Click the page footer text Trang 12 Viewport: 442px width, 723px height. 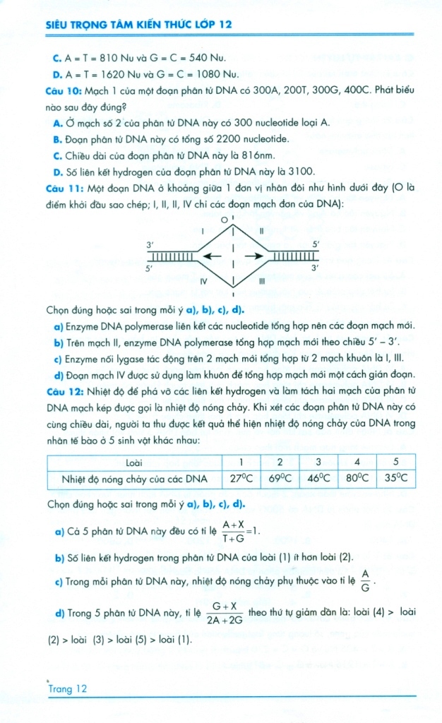[x=68, y=689]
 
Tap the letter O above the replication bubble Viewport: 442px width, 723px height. [x=225, y=221]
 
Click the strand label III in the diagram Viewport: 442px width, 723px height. [x=261, y=281]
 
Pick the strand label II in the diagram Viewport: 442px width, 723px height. [x=261, y=231]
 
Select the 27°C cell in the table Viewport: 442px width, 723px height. [x=237, y=478]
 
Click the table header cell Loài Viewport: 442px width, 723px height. [x=134, y=462]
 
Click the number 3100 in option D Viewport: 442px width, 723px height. [x=299, y=172]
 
